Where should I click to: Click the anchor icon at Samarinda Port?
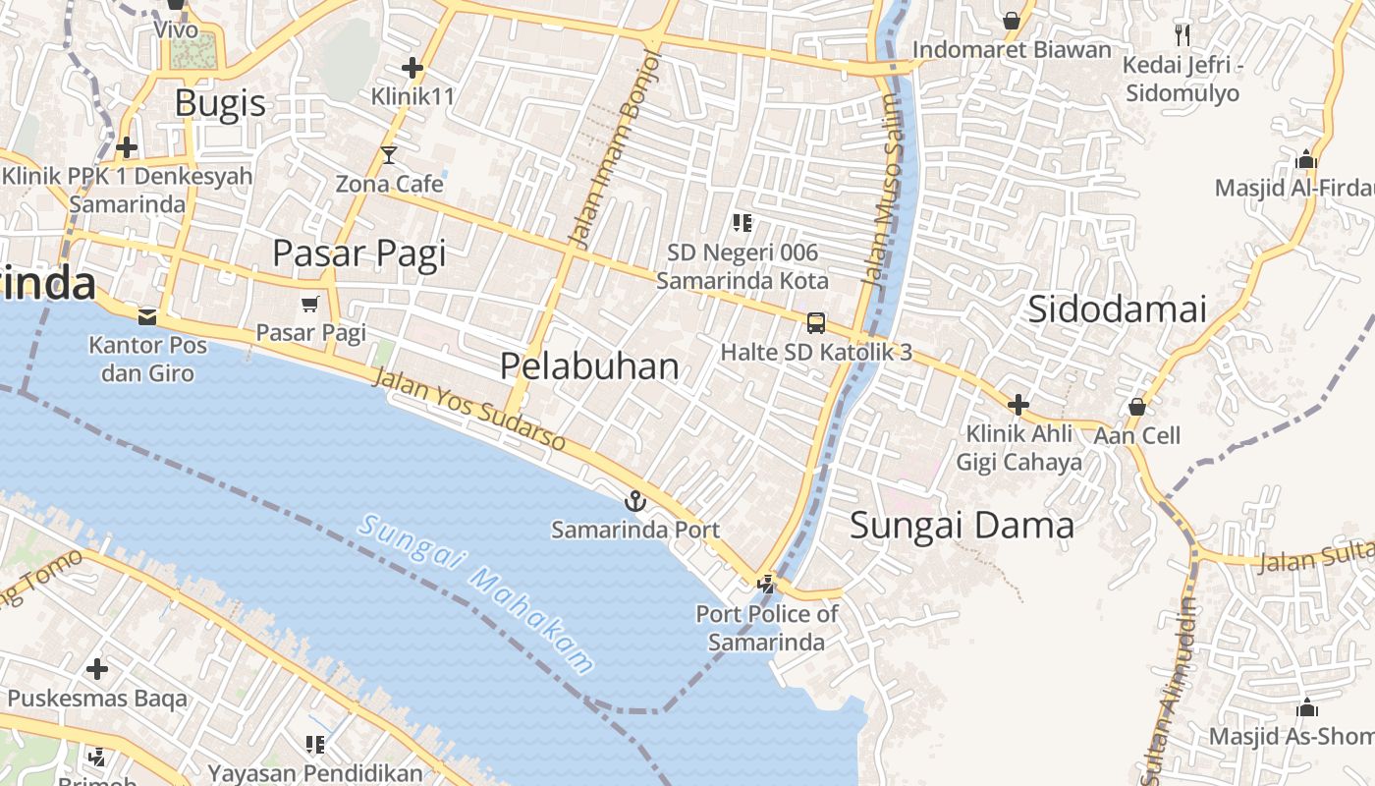[x=635, y=501]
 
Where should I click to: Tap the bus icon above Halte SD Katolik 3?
[x=815, y=322]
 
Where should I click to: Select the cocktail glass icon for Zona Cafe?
[x=389, y=155]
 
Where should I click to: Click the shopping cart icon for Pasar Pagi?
[x=310, y=305]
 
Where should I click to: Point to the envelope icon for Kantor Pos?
[x=147, y=316]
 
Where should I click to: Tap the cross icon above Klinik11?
[x=412, y=68]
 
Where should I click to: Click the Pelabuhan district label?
[x=589, y=366]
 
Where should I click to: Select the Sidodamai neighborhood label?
[x=1117, y=309]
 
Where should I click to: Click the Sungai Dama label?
[x=962, y=526]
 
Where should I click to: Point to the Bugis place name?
[x=220, y=103]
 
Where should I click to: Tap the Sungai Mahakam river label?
[x=476, y=593]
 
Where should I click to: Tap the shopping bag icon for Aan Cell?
[x=1137, y=406]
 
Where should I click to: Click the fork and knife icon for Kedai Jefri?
[x=1182, y=35]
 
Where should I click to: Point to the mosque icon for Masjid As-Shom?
[x=1306, y=707]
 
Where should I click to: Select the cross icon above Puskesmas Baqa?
[x=96, y=669]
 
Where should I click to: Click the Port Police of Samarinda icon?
[x=766, y=585]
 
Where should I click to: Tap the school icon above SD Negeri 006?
[x=742, y=223]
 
